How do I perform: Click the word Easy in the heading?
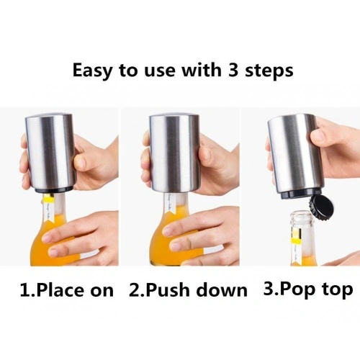(x=92, y=71)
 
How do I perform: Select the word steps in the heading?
(x=269, y=71)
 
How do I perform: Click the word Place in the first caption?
(x=61, y=290)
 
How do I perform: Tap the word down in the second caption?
(x=222, y=290)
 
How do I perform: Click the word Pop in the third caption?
(x=297, y=290)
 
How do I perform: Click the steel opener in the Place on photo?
(x=50, y=153)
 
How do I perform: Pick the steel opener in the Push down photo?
(x=175, y=155)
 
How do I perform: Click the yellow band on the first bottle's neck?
(x=49, y=198)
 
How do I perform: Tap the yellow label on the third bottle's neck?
(x=296, y=240)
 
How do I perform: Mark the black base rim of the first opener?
(x=53, y=190)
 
